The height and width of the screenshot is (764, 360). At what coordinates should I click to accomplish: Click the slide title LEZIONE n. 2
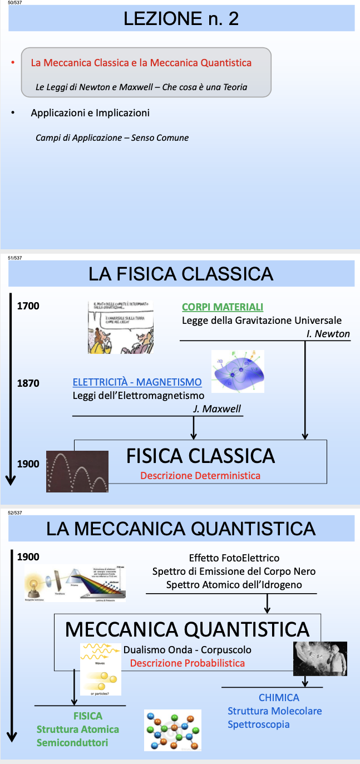coord(181,19)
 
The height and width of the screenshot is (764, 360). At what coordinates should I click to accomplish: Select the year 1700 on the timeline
coord(28,306)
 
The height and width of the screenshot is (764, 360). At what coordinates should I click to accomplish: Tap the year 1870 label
coord(28,383)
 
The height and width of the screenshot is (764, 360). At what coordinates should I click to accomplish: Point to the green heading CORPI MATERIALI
coord(223,307)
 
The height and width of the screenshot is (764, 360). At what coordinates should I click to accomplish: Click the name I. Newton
coord(328,334)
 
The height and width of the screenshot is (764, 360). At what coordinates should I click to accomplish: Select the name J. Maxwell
coord(216,409)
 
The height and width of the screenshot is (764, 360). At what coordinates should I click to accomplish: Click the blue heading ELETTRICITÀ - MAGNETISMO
coord(137,382)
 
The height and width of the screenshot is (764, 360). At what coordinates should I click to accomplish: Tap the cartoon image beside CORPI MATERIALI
coord(120,327)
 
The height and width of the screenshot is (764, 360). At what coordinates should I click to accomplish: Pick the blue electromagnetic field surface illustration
coord(238,371)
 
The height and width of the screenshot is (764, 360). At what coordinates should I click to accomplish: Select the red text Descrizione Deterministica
coord(200,476)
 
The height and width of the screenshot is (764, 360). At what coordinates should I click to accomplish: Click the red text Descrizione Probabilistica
coord(188,663)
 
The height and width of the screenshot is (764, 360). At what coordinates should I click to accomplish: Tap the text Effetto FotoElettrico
coord(234,558)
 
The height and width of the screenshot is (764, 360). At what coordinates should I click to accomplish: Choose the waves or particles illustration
coord(101,669)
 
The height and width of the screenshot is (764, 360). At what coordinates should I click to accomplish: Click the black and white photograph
coord(320,658)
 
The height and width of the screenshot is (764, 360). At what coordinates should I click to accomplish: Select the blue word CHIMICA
coord(279,698)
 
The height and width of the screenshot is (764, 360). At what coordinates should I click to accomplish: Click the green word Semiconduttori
coord(72,743)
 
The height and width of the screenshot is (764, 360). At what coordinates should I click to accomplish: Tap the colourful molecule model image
coord(172,730)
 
